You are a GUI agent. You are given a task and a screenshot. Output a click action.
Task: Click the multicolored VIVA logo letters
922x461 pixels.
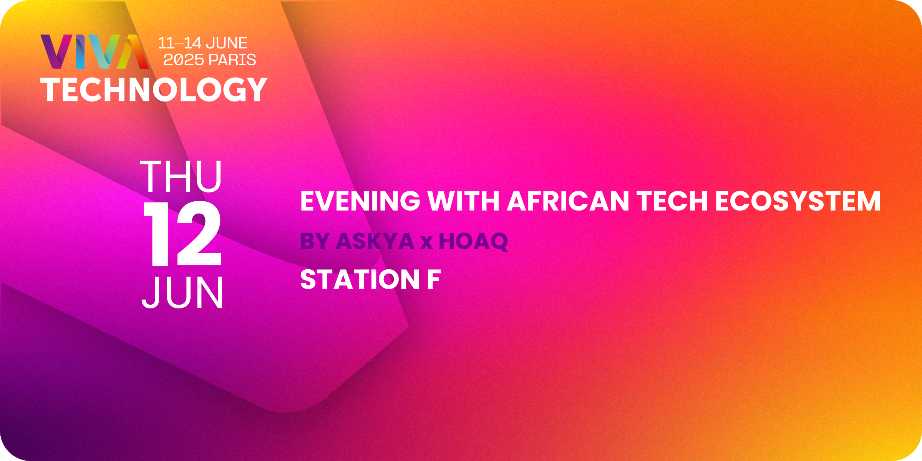pos(95,52)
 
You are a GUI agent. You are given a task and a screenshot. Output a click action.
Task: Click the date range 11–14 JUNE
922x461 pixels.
pos(202,43)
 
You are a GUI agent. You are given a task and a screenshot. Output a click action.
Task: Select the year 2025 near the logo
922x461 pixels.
pos(184,60)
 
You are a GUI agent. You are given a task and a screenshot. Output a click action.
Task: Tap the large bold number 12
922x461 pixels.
pos(182,234)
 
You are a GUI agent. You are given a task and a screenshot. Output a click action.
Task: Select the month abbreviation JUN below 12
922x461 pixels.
pos(182,292)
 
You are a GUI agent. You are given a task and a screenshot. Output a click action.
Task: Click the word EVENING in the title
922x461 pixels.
pos(360,201)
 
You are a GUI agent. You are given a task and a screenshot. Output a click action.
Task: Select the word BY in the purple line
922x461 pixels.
pos(315,241)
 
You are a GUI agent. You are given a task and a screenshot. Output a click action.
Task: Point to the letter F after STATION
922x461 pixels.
pos(434,279)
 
